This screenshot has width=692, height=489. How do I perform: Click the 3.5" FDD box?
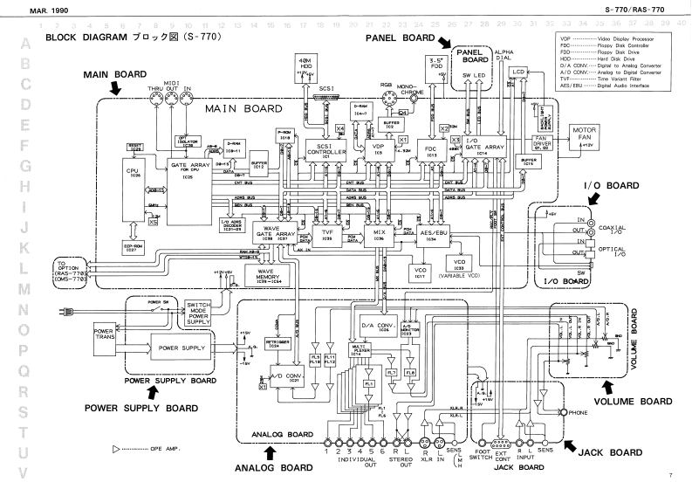[435, 66]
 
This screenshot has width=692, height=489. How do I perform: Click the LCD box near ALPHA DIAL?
[519, 72]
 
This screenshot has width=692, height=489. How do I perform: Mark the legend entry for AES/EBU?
[602, 86]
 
